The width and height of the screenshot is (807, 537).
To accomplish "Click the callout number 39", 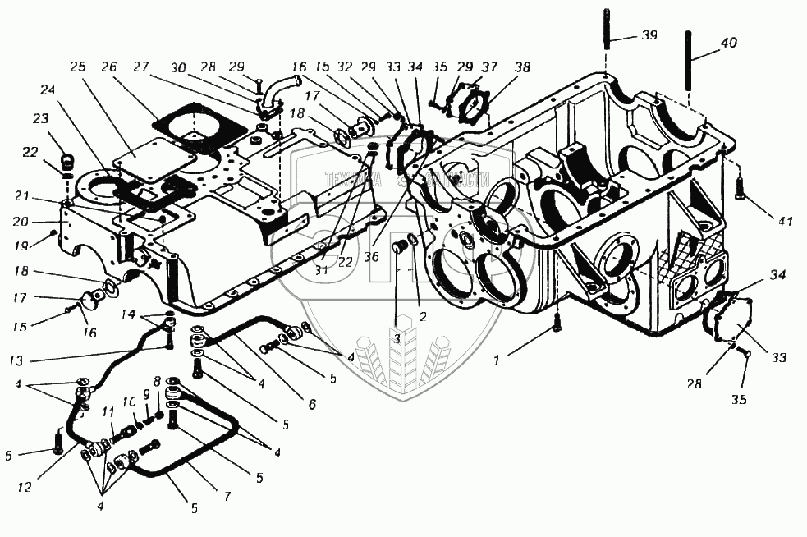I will coord(649,37).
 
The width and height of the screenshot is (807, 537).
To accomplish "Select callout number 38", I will coord(521,67).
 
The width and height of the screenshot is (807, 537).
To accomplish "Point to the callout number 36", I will coord(372,257).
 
